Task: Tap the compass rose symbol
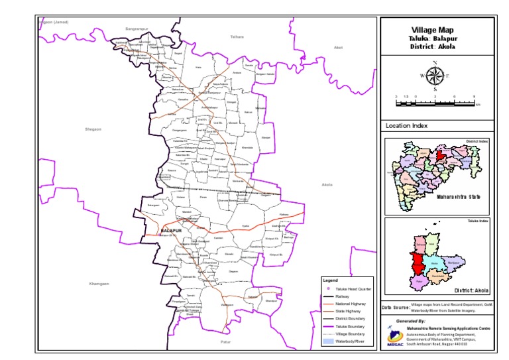(435, 76)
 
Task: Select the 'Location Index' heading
(406, 125)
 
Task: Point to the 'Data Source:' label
(396, 308)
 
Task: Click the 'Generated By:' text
(410, 321)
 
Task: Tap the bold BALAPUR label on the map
(171, 230)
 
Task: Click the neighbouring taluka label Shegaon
(92, 129)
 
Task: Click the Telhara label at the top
(237, 36)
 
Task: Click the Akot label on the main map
(338, 48)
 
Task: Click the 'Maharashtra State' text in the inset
(457, 196)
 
